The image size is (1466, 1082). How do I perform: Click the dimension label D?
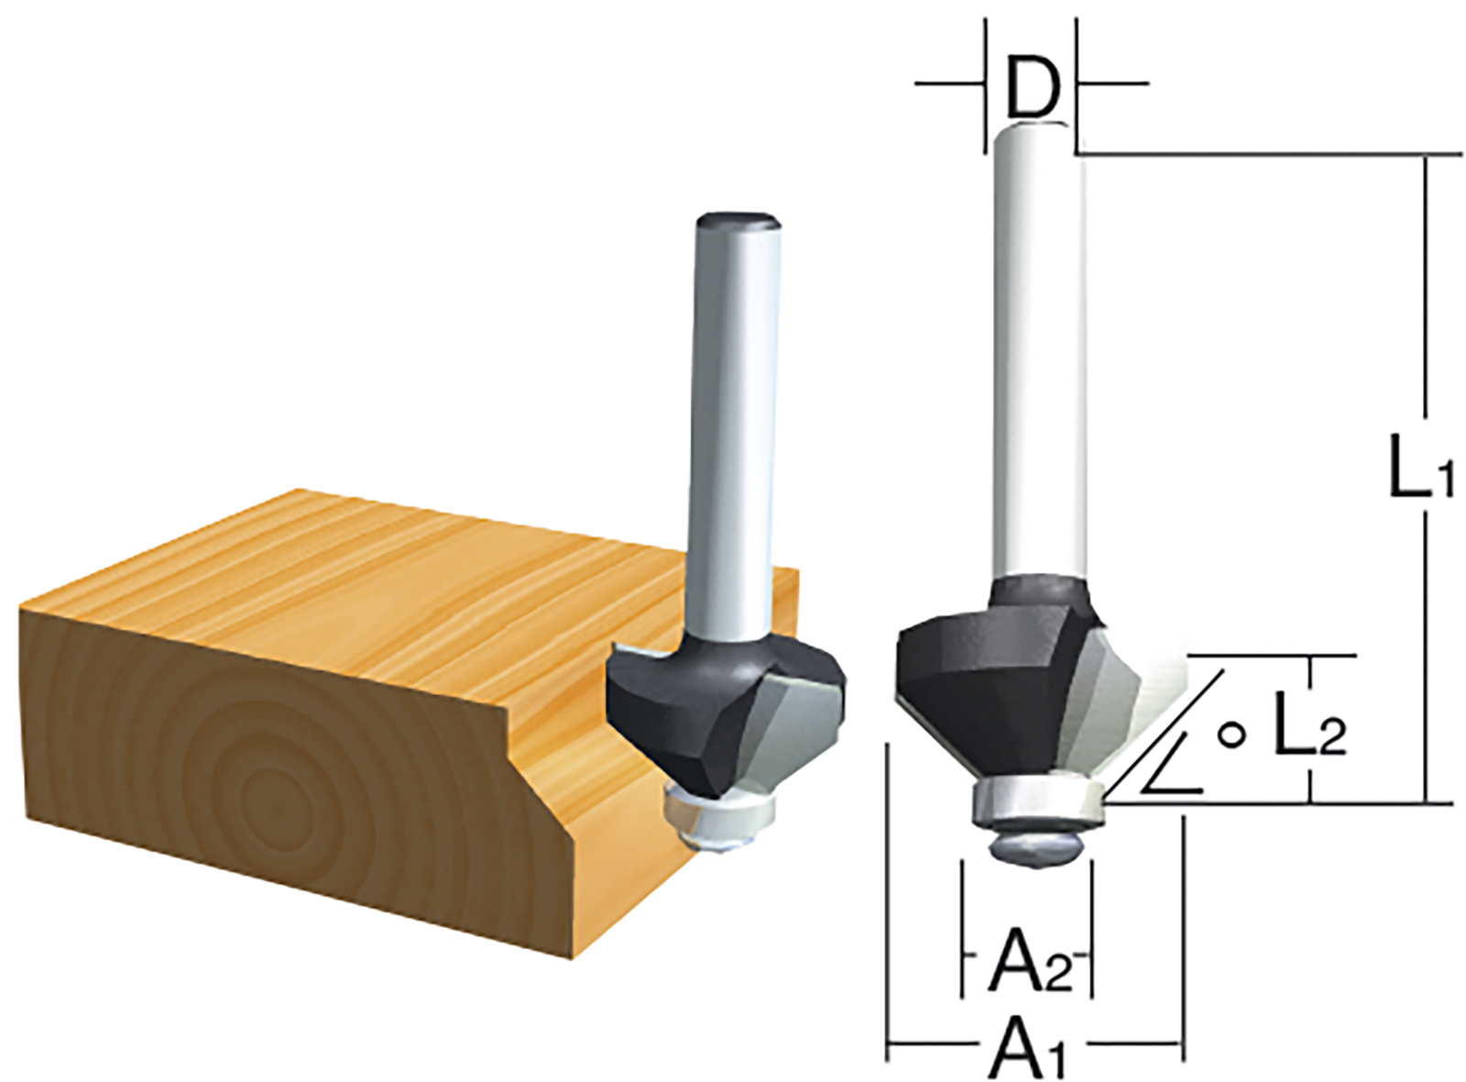1033,87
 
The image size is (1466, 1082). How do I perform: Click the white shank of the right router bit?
1040,358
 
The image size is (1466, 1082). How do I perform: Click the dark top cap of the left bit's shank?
738,222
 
